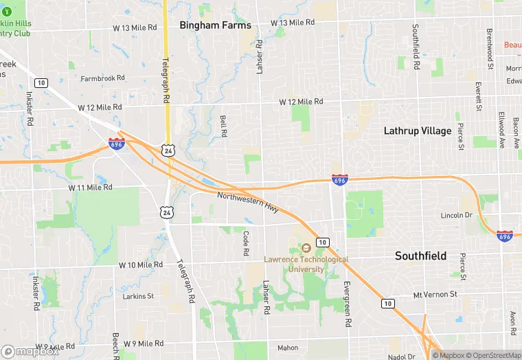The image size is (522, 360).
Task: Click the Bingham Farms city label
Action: [215, 25]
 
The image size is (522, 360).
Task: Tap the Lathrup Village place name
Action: [418, 131]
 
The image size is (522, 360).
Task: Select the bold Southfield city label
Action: [420, 256]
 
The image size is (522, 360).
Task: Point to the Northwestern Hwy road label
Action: [248, 203]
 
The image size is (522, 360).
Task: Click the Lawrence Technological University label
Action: [306, 264]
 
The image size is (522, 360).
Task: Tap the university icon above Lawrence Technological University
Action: [306, 247]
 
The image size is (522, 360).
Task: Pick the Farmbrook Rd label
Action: [102, 78]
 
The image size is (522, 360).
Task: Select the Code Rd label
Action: [245, 243]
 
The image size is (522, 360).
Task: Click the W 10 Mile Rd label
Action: [140, 265]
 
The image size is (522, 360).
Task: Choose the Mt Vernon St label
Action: [435, 294]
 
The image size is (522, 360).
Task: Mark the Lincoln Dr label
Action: [457, 215]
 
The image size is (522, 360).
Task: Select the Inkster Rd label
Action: [30, 109]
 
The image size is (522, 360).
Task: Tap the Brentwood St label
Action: [490, 49]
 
